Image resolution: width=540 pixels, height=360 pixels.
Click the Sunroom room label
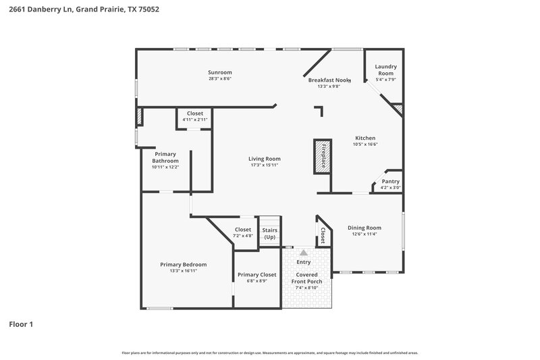click(219, 72)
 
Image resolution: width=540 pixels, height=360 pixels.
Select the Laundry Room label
click(385, 70)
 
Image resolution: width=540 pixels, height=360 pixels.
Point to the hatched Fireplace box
click(322, 157)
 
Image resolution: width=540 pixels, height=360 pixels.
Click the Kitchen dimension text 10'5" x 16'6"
click(364, 145)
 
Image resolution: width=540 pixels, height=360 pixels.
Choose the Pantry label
click(390, 181)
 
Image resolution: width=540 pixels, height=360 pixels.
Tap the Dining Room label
click(364, 228)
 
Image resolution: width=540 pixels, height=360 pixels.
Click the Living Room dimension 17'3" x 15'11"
click(264, 165)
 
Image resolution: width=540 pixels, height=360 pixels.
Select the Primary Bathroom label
click(165, 158)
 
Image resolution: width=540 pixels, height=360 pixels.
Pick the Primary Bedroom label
click(183, 264)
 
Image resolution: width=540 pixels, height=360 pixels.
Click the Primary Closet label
click(256, 275)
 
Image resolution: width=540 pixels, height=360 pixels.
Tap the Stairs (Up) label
click(270, 234)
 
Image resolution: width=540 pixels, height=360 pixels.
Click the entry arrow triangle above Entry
click(304, 252)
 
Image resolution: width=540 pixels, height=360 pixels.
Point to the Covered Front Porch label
click(306, 278)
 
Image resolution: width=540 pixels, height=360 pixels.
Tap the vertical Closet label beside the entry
click(323, 236)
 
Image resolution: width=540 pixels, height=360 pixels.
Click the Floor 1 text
click(21, 324)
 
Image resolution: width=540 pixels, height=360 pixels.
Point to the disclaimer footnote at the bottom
click(269, 353)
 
